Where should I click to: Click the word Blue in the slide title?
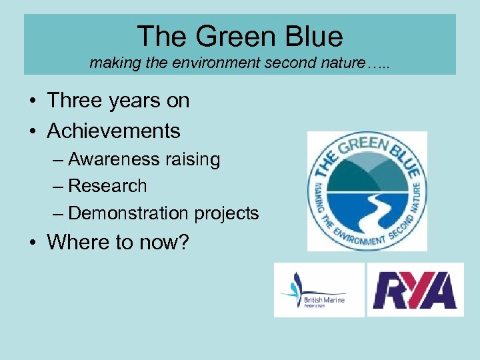coord(314,36)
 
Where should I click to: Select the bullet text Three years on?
coord(118,101)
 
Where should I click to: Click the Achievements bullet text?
coord(113,131)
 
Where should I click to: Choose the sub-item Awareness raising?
coord(144,159)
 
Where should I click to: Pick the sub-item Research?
coord(107,186)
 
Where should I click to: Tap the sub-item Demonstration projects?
coord(163,213)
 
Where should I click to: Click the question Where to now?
coord(118,242)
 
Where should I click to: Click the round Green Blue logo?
coord(366,191)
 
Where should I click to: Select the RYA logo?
coord(415,290)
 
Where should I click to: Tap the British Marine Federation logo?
coord(319,290)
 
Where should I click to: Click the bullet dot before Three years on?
coord(32,101)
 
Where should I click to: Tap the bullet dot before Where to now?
coord(32,243)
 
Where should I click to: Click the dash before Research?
coord(59,186)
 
